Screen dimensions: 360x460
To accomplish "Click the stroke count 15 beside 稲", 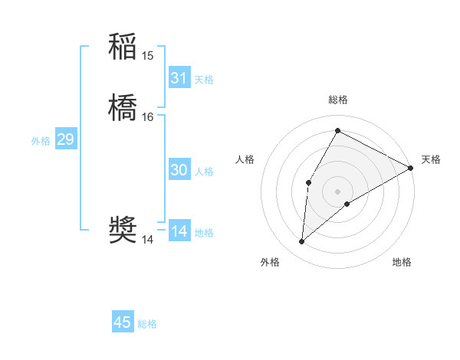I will [x=148, y=56].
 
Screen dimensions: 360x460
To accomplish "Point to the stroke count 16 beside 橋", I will [x=148, y=117].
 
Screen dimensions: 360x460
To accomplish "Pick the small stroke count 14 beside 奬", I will [x=148, y=240].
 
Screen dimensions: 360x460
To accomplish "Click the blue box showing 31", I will [x=179, y=78].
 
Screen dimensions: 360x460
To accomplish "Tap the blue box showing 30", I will [x=179, y=170].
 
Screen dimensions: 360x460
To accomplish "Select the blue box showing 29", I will [x=65, y=139].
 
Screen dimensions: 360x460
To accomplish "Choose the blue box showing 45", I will [x=123, y=322].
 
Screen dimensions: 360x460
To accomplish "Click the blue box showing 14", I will [x=179, y=231].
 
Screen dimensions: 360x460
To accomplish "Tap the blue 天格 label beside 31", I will [x=204, y=80].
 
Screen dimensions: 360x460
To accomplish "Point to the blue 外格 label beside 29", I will [x=41, y=141].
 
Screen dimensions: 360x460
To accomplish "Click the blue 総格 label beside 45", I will [x=147, y=324].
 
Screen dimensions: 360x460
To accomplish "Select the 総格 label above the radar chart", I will [x=337, y=100].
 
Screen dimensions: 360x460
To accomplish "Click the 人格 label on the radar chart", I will [x=245, y=159].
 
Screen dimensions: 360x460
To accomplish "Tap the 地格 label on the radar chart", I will [x=402, y=263].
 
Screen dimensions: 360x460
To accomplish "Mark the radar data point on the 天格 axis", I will [x=411, y=168].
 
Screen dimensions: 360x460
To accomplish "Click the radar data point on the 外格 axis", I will [x=302, y=242].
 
